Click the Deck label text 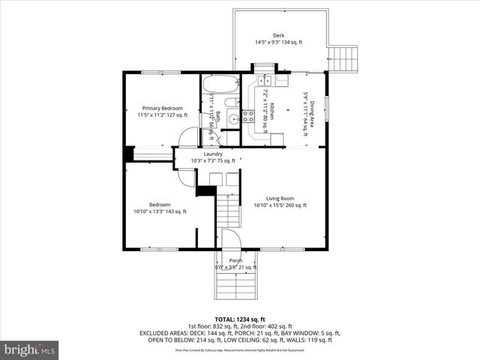click(x=278, y=35)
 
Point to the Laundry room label click(x=212, y=154)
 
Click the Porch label click(x=235, y=260)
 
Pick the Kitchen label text click(x=273, y=110)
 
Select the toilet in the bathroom click(x=232, y=102)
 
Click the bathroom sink click(x=232, y=118)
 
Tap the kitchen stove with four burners click(x=248, y=117)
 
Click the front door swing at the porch click(x=231, y=240)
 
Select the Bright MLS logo click(x=30, y=349)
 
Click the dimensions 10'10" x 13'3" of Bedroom click(x=160, y=211)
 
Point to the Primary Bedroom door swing click(x=189, y=137)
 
